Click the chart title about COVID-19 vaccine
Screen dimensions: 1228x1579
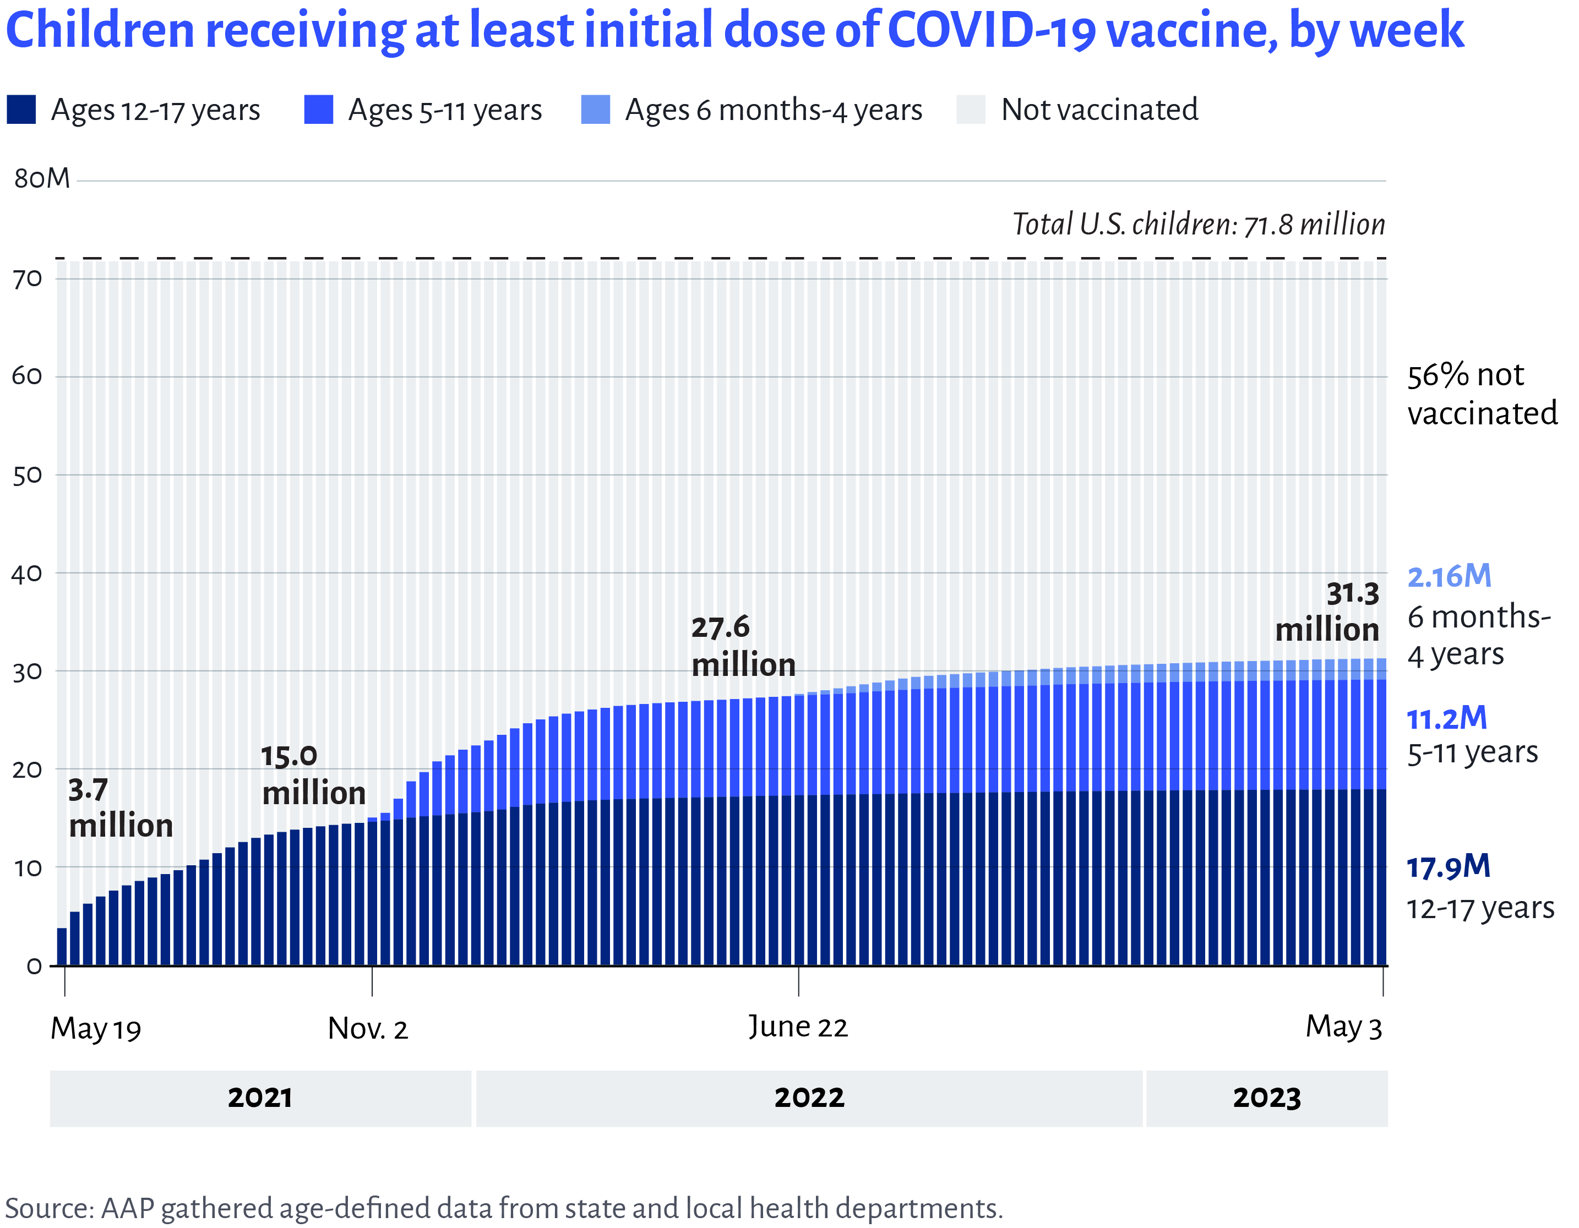(734, 30)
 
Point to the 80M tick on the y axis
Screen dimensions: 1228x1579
(42, 178)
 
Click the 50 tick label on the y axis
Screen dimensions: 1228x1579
(28, 476)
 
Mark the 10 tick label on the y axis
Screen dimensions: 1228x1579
(28, 867)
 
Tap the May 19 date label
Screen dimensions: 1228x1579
(95, 1029)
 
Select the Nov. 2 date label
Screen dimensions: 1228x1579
(368, 1029)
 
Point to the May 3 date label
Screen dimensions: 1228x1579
(1343, 1027)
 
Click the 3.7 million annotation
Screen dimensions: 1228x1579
(120, 808)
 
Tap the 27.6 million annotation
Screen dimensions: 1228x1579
(743, 646)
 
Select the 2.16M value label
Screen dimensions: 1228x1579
(1449, 577)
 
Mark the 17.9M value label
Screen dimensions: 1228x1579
(1448, 866)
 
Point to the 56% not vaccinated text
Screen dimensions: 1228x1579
(1480, 395)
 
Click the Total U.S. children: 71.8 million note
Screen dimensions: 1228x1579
(1198, 225)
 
